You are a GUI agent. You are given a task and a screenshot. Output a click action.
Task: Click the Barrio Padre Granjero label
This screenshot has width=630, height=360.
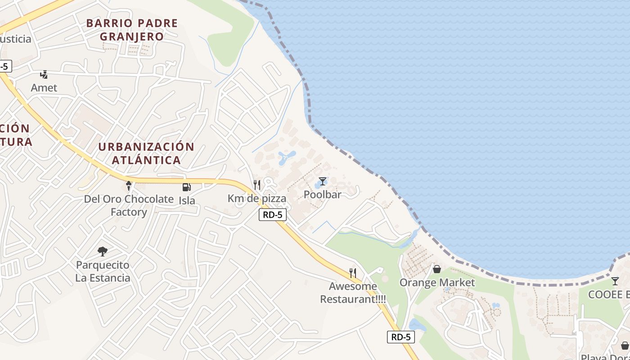(x=132, y=29)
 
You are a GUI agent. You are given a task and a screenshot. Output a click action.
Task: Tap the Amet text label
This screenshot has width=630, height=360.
(x=44, y=88)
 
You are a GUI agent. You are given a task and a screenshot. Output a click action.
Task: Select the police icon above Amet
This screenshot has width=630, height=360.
(x=44, y=75)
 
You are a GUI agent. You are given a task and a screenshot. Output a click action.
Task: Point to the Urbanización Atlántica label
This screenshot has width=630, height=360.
(x=146, y=153)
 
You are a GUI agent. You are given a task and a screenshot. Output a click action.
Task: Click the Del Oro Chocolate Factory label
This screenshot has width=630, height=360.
(x=129, y=205)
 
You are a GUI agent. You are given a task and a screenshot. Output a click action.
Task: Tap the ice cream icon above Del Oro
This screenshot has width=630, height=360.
(x=129, y=185)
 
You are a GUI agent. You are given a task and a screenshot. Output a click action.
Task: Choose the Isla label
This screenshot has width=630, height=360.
(x=187, y=200)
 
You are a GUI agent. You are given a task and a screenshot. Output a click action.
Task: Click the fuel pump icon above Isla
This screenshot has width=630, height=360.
(x=186, y=187)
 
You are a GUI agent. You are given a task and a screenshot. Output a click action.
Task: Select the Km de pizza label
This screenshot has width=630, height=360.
(x=257, y=198)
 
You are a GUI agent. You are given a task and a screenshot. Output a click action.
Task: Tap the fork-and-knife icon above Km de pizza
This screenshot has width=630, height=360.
(x=257, y=185)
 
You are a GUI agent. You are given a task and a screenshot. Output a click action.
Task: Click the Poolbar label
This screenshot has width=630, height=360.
(x=323, y=194)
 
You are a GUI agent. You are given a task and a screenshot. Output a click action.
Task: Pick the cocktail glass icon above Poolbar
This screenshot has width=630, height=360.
(x=323, y=181)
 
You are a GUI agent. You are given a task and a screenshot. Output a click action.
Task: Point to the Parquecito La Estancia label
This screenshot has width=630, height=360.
(x=103, y=271)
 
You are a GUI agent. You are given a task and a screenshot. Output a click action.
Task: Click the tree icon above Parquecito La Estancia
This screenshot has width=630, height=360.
(x=103, y=252)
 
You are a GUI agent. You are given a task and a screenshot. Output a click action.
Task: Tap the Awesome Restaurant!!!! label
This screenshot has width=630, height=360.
(x=353, y=292)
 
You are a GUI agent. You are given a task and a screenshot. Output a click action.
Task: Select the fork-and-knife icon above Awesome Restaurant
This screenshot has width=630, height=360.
(x=353, y=273)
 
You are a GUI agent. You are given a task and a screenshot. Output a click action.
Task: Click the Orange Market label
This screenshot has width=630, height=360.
(x=437, y=283)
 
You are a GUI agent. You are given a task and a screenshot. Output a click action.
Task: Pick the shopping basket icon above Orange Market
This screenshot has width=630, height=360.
(x=436, y=269)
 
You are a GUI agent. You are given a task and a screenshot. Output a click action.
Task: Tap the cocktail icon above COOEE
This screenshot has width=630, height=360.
(x=615, y=281)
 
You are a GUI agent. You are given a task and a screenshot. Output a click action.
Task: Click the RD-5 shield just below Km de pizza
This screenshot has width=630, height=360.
(x=273, y=215)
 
